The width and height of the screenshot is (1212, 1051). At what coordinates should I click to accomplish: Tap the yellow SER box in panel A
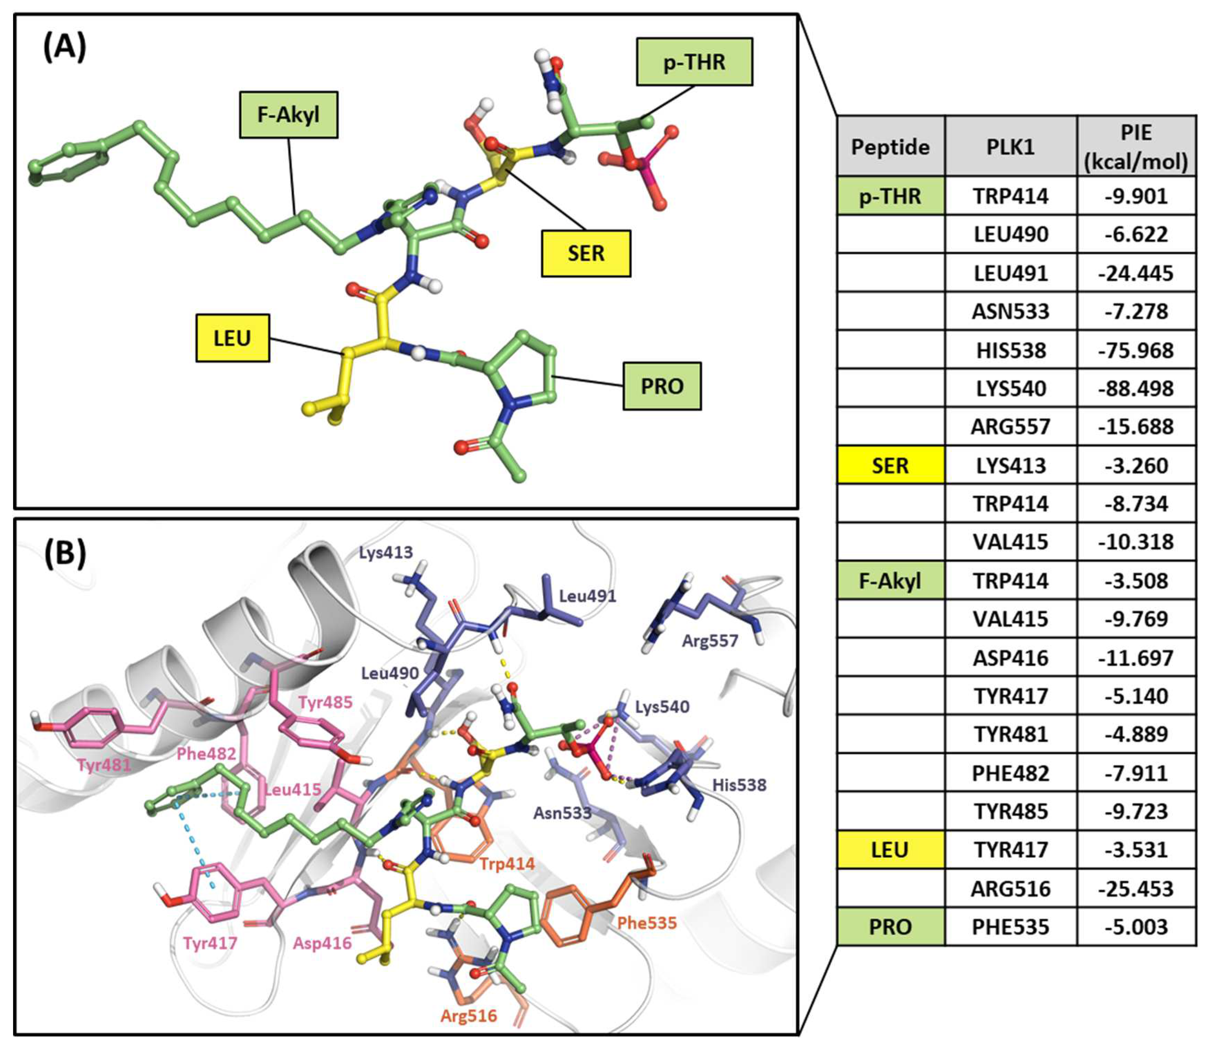point(586,254)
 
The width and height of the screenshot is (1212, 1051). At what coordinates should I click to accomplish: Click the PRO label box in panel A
point(662,386)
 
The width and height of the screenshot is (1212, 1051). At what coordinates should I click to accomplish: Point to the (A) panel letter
point(65,47)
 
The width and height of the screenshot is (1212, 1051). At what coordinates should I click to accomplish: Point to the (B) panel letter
point(65,553)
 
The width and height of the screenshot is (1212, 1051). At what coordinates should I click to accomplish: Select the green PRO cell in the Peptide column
point(890,927)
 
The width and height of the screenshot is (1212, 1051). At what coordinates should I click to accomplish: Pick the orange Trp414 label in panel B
point(507,864)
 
